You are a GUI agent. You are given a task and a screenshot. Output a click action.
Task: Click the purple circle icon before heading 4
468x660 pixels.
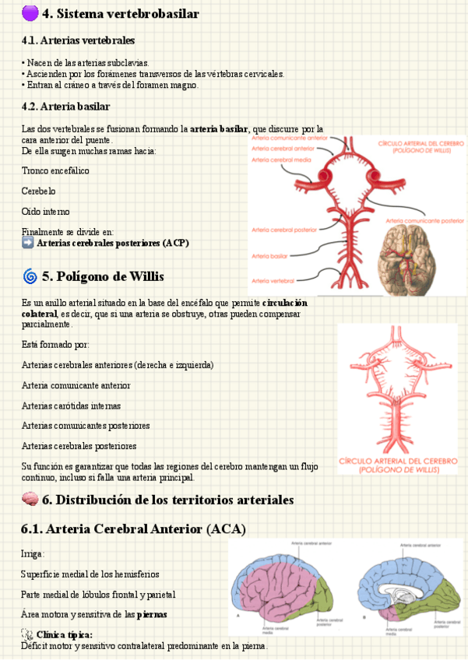coord(30,13)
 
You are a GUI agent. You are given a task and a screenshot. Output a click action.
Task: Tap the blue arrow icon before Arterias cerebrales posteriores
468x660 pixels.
coord(28,244)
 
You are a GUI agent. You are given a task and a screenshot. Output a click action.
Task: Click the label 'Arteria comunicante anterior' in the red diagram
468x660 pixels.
coord(288,138)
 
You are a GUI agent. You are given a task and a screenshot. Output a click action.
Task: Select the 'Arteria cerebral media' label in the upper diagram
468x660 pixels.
coord(281,160)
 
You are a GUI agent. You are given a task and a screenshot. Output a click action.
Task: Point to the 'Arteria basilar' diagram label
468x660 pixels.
coord(269,256)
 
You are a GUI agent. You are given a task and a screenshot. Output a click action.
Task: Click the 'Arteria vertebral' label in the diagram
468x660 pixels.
coord(272,279)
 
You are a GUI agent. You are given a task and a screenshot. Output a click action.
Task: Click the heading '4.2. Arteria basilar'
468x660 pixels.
coord(66,107)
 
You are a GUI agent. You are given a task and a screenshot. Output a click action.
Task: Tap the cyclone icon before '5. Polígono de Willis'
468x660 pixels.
coord(30,276)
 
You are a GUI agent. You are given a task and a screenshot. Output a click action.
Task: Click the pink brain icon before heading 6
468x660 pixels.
coord(30,500)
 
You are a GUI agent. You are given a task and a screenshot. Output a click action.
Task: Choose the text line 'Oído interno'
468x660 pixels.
coord(45,212)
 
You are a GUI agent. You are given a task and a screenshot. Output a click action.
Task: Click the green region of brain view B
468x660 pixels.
coord(436,595)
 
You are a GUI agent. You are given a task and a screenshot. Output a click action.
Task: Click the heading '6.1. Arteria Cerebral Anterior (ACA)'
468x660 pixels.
coord(133,529)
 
